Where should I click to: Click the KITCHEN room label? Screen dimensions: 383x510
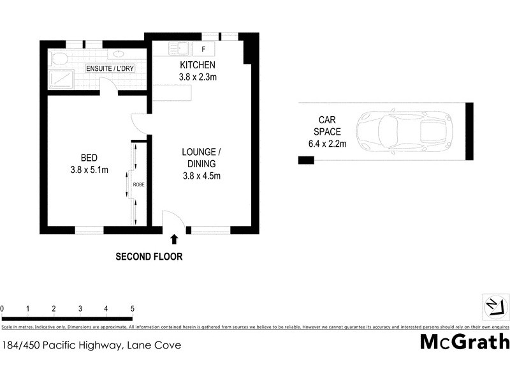tap(197, 65)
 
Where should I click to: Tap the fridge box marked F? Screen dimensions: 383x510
tap(203, 48)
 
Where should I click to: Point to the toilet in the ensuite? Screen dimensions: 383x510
tap(59, 59)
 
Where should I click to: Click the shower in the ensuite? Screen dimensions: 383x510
tap(61, 79)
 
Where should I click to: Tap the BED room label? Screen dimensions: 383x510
tap(89, 158)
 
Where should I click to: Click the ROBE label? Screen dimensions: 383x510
tap(138, 184)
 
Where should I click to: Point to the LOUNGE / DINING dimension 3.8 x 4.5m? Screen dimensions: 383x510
tap(201, 176)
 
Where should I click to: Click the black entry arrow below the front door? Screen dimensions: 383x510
tap(175, 239)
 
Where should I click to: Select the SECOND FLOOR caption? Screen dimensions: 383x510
tap(149, 257)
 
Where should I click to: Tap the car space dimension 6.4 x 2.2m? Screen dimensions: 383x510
tap(326, 144)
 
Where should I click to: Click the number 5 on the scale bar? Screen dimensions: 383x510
tap(132, 308)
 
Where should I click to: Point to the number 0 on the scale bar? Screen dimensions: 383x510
tap(3, 308)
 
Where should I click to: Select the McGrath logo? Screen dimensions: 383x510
tap(464, 342)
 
